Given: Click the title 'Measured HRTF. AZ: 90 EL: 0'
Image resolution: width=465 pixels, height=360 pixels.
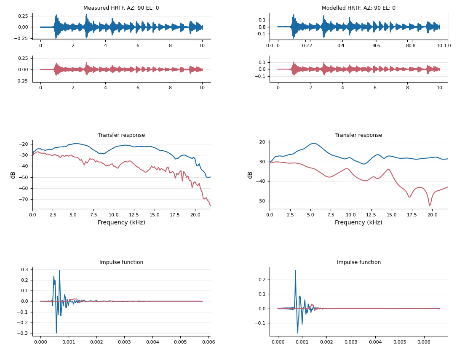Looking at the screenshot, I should click(121, 8).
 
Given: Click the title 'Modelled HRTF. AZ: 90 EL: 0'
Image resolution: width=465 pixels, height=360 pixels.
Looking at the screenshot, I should click(358, 8).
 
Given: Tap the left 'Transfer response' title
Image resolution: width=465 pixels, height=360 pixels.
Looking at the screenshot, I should click(121, 135).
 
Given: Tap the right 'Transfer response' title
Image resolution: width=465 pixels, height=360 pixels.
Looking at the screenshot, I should click(358, 135).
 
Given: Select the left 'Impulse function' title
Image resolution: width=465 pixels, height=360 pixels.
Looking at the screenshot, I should click(121, 262).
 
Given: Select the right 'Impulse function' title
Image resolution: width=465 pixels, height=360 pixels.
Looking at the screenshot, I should click(358, 262).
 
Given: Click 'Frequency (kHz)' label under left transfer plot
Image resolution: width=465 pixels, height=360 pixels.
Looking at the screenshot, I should click(121, 223).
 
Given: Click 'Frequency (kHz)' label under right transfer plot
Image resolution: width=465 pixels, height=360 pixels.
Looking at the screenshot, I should click(358, 223).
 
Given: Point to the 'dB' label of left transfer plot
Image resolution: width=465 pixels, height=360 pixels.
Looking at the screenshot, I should click(13, 175).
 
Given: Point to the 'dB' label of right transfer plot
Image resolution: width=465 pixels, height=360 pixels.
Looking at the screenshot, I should click(250, 175).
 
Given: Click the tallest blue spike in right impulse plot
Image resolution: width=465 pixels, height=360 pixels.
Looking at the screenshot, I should click(295, 271).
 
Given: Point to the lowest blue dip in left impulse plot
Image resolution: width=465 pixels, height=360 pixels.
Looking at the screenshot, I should click(56, 333).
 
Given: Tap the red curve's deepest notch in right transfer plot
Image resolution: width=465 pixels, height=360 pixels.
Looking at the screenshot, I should click(429, 205).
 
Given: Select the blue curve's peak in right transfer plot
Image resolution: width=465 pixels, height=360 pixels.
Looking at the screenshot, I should click(313, 143).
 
